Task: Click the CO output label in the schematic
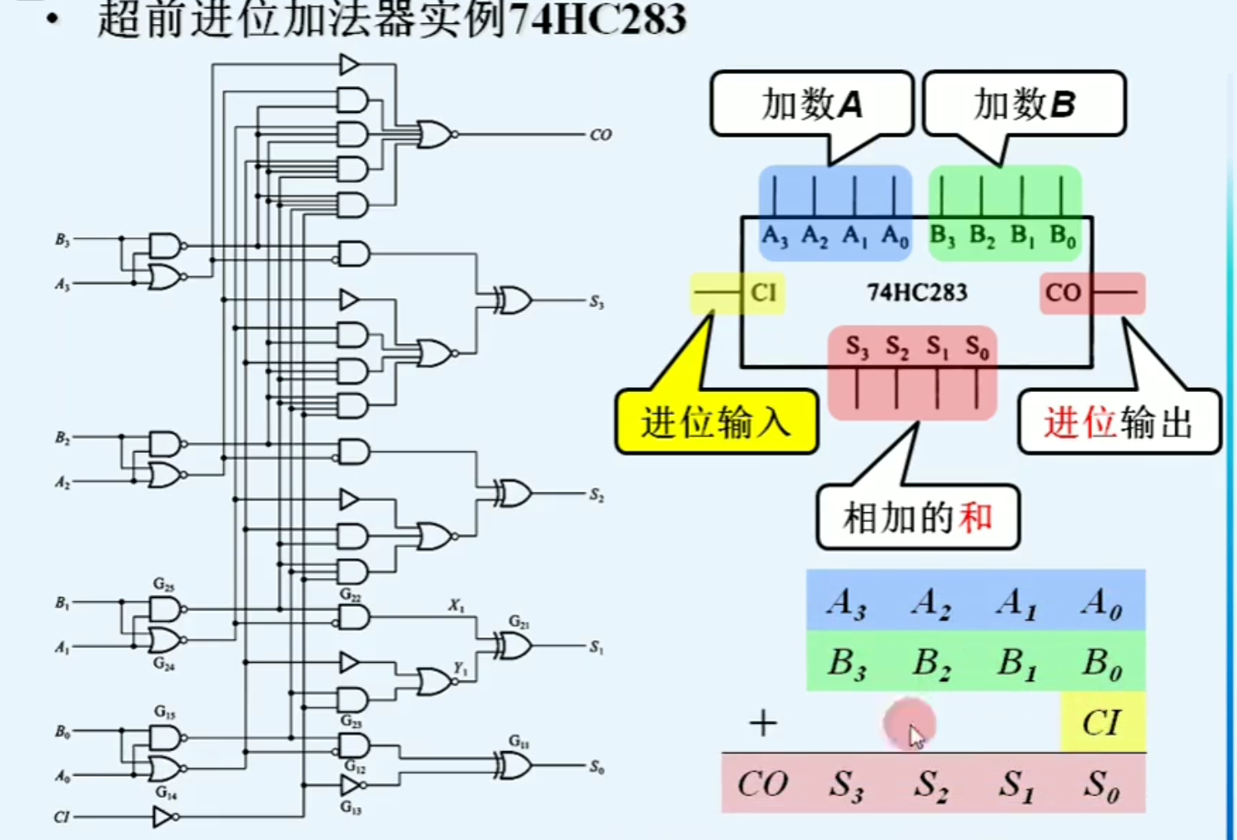(x=600, y=134)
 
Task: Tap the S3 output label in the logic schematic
(x=597, y=302)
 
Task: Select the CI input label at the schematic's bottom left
(x=62, y=817)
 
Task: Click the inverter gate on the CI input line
(x=164, y=817)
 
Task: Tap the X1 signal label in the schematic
(x=456, y=605)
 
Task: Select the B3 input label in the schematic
(x=63, y=240)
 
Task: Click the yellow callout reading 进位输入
(x=716, y=422)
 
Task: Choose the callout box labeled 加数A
(x=811, y=105)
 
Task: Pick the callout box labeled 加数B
(x=1024, y=105)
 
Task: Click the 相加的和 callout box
(x=918, y=518)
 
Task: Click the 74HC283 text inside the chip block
(x=917, y=292)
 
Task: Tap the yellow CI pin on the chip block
(x=762, y=293)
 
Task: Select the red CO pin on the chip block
(x=1063, y=293)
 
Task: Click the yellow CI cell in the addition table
(x=1101, y=722)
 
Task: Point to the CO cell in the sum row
(x=762, y=783)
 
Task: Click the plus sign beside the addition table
(x=763, y=724)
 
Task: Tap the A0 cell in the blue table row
(x=1101, y=603)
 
